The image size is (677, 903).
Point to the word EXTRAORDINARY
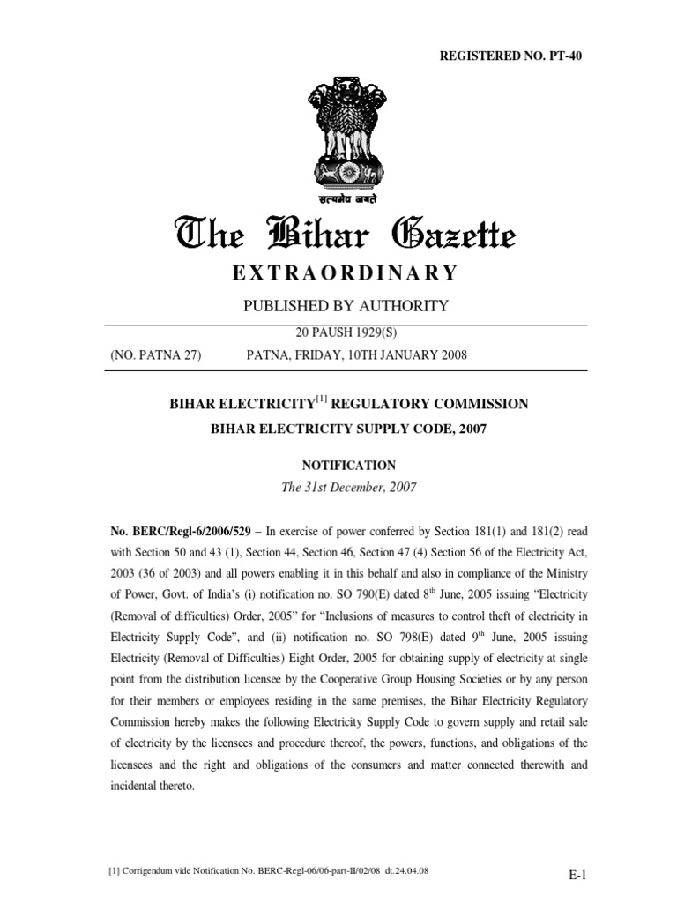click(x=345, y=273)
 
